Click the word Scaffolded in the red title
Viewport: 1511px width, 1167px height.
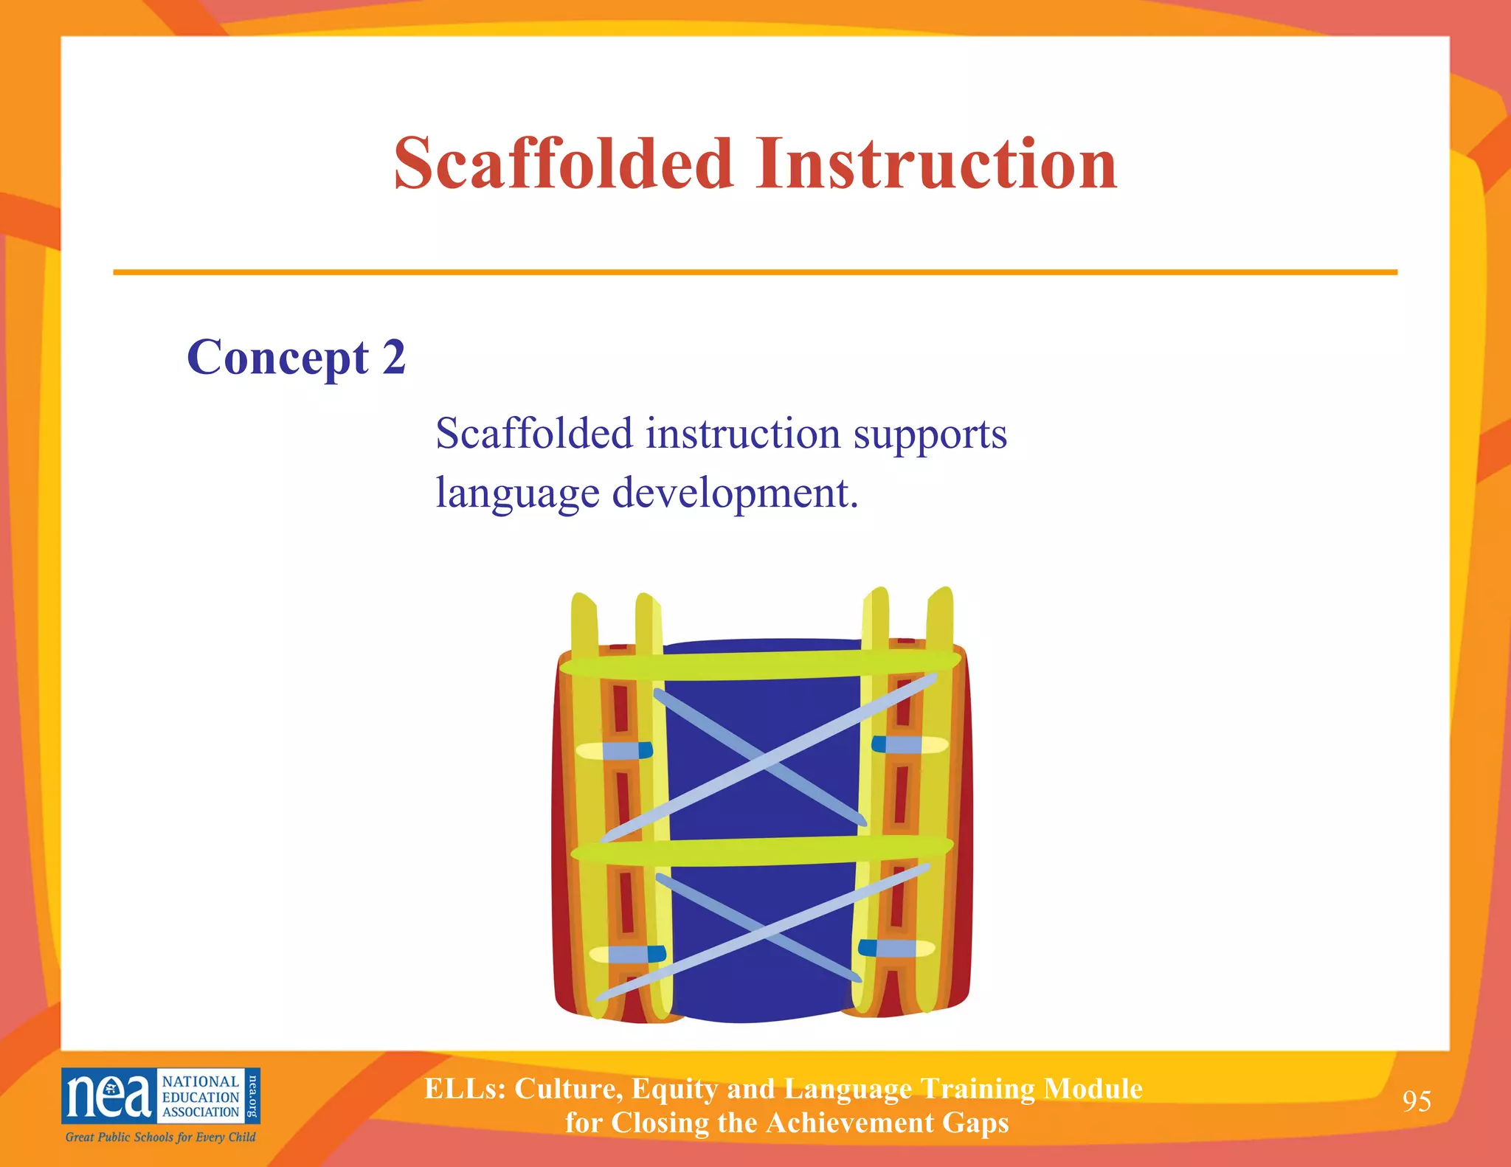[563, 164]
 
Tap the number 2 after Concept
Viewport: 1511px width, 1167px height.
[394, 357]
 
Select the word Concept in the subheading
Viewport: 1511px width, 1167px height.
[277, 359]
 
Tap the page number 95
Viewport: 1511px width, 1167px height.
[1416, 1101]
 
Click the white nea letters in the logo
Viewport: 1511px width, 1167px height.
[108, 1096]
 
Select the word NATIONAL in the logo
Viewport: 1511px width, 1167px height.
[201, 1081]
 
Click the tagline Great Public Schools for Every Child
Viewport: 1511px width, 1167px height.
[160, 1137]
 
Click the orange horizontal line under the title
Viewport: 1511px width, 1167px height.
[755, 272]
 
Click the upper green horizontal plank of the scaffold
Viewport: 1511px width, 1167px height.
[760, 665]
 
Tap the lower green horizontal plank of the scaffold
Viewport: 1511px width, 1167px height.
[760, 851]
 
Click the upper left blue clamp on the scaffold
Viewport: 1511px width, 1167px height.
[627, 751]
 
